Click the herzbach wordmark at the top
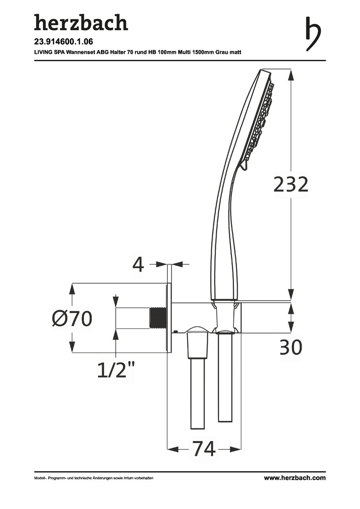[81, 23]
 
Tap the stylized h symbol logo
[313, 34]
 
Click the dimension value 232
[291, 184]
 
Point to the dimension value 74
[204, 449]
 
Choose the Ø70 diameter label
[72, 319]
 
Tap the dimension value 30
[291, 347]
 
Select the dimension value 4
[138, 265]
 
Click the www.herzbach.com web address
[295, 478]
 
